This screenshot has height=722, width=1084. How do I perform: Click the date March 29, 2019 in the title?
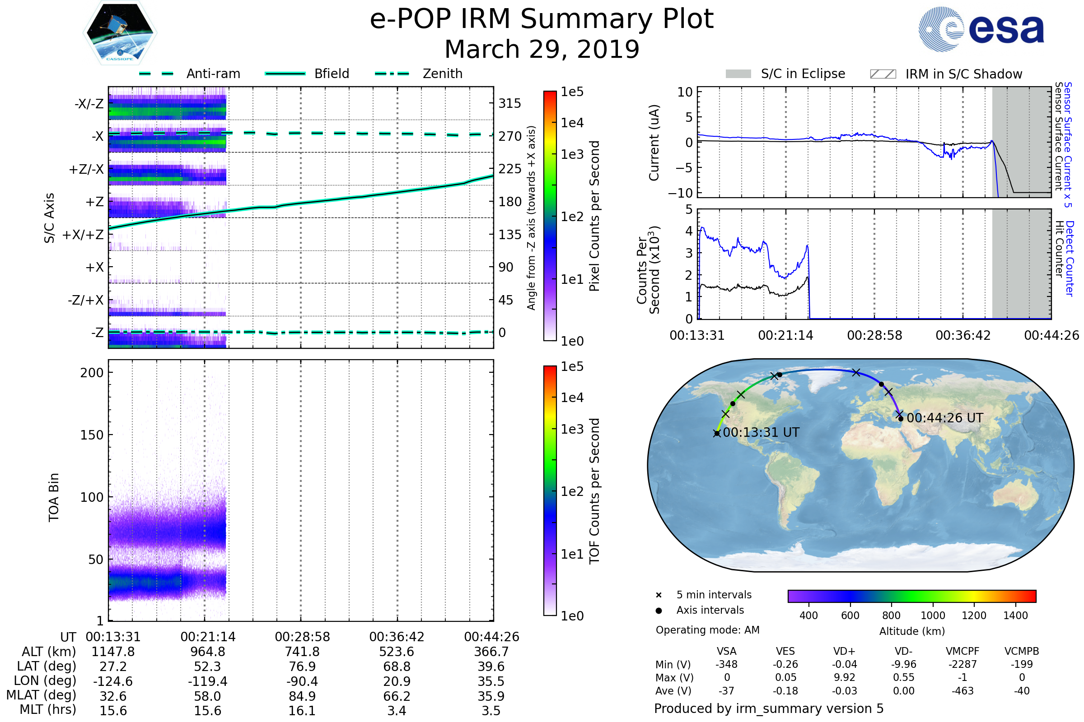click(542, 49)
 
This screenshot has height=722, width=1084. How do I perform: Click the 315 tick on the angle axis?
click(509, 104)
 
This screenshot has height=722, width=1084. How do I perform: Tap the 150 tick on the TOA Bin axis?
click(92, 435)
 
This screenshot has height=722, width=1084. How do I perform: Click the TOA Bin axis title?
click(54, 497)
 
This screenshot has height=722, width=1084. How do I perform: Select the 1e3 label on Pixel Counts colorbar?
click(572, 155)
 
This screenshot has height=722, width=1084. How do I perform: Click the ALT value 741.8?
click(302, 652)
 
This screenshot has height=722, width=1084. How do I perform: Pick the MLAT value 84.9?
click(302, 696)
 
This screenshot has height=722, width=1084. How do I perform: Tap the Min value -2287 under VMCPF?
click(963, 664)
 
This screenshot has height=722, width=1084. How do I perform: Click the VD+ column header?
click(844, 651)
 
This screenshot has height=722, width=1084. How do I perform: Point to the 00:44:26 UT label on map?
click(945, 418)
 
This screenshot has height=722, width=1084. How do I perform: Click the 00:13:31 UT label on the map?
click(761, 432)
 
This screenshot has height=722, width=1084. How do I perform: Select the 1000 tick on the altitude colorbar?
click(932, 616)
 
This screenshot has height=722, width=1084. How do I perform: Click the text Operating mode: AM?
click(707, 630)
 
